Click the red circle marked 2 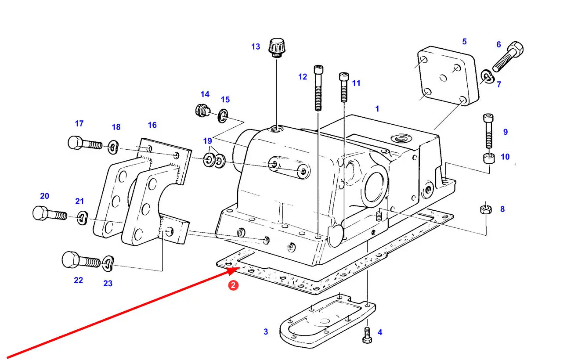(x=233, y=285)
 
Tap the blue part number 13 (x=256, y=47)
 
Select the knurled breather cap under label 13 (x=277, y=48)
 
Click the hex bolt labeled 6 (x=508, y=57)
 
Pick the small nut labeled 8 (x=486, y=209)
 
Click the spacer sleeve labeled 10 (x=489, y=158)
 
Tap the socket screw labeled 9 (x=488, y=131)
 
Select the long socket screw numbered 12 (x=318, y=88)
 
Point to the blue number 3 (x=266, y=331)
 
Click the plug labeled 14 (x=202, y=111)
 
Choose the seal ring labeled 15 (x=223, y=116)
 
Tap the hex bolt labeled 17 (x=85, y=143)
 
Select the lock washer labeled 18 (x=113, y=147)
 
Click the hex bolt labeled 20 (x=50, y=213)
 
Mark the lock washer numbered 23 (x=108, y=263)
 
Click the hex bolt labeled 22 (x=81, y=260)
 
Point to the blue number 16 (x=152, y=125)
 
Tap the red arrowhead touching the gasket (x=232, y=270)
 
